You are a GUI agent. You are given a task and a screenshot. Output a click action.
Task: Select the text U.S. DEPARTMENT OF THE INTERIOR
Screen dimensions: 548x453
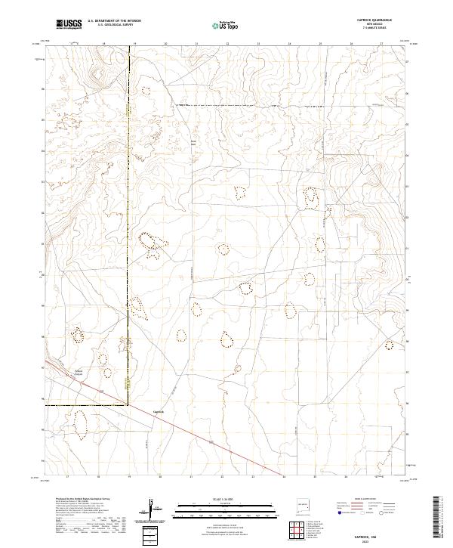114,20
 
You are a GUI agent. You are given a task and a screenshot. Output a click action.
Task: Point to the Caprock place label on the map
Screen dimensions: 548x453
159,412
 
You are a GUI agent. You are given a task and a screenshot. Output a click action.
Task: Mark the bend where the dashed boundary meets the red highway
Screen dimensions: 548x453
127,405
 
